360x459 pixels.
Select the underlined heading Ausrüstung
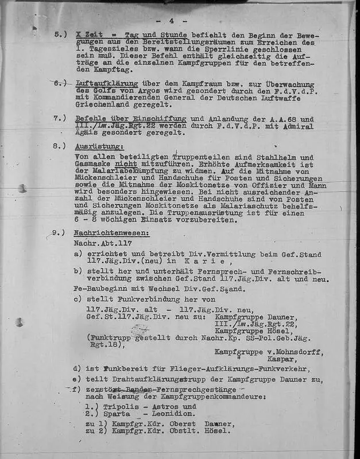click(99, 146)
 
